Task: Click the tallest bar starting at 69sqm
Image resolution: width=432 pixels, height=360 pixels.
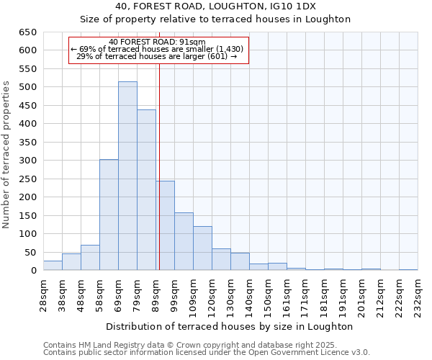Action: point(127,176)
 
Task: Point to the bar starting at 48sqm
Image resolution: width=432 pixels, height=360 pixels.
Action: point(90,258)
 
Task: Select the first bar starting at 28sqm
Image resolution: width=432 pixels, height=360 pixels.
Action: point(53,266)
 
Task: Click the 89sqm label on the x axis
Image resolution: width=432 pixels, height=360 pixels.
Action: point(156,295)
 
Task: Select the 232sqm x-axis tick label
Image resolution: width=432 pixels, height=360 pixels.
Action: point(418,295)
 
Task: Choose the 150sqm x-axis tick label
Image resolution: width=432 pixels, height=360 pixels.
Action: point(268,295)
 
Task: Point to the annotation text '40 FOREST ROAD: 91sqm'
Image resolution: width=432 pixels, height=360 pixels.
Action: point(158,42)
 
